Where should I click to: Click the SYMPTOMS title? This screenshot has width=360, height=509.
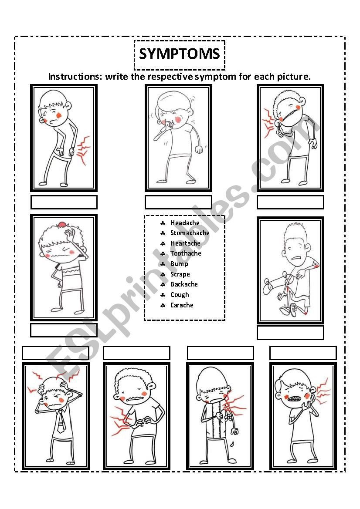point(180,54)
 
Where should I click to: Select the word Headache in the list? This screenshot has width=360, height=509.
point(185,222)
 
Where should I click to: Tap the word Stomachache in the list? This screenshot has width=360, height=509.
point(190,233)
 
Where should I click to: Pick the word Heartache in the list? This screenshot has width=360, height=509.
point(185,243)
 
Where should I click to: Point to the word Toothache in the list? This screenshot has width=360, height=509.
point(186,253)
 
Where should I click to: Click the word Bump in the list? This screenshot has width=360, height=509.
point(179,264)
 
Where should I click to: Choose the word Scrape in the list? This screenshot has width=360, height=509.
point(180,274)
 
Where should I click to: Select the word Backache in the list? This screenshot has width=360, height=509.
point(184,284)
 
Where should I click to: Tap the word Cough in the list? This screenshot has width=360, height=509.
point(180,295)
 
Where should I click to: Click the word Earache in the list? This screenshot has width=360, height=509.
point(182,305)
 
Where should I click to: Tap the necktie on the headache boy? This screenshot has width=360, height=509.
point(61,421)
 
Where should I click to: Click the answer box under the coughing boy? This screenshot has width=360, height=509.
point(178,202)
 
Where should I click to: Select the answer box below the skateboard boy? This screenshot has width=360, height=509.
point(290,333)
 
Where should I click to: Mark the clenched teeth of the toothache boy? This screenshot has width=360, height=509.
point(294,398)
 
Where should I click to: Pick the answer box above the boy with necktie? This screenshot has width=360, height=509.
point(55,353)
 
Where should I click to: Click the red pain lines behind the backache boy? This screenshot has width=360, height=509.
point(83,150)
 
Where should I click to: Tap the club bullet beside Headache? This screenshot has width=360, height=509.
point(163,223)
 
